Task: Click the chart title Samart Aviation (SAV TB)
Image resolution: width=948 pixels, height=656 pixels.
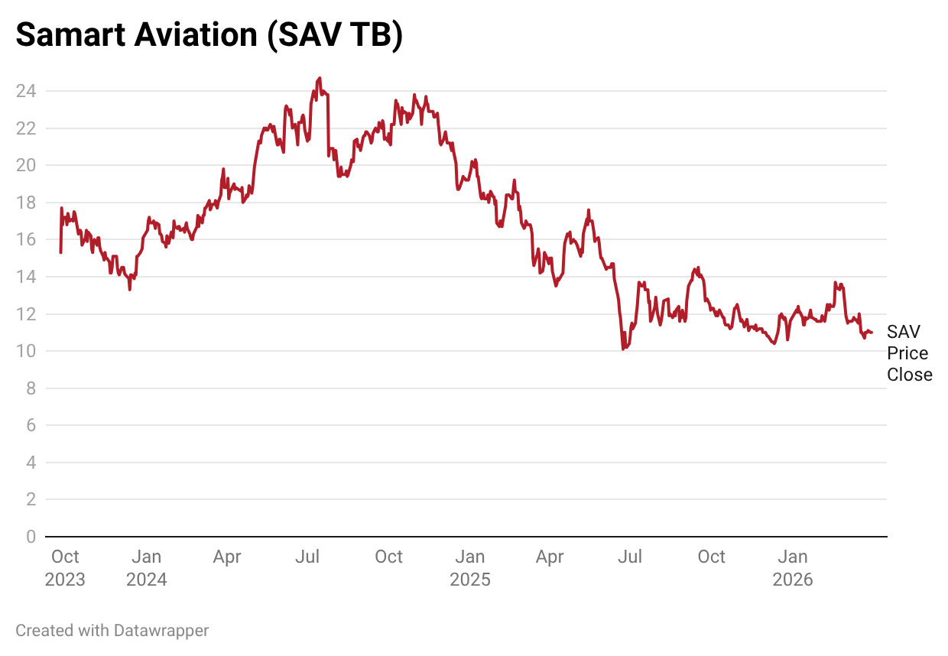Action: pos(209,36)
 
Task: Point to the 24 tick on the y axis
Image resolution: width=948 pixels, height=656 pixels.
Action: pos(26,91)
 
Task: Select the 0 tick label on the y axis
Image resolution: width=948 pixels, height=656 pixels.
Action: pos(31,537)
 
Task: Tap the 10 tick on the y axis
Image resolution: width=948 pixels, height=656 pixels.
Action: pos(26,351)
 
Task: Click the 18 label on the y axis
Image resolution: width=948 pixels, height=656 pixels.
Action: pos(26,203)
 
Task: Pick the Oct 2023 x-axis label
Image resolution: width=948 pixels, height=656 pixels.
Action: pos(65,568)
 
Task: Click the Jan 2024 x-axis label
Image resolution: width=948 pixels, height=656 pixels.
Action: pos(146,568)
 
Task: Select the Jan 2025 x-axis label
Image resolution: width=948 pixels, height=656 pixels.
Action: pos(469,568)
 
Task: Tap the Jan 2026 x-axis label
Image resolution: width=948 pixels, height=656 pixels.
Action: pos(793,568)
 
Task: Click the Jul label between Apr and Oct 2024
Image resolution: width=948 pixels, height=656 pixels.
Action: pos(307,557)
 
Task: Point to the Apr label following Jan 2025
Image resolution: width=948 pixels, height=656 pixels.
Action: pos(550,557)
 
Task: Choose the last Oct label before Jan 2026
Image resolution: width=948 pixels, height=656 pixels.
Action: pos(711,557)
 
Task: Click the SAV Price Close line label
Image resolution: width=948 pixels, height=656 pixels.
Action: pos(909,353)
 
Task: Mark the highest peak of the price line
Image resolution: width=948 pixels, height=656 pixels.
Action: pos(319,78)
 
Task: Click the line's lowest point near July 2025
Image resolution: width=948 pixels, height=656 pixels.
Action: pos(624,349)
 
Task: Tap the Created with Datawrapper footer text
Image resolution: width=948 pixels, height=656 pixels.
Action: pos(112,631)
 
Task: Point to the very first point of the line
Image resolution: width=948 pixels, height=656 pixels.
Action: pos(60,252)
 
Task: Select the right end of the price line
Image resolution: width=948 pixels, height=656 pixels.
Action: pos(872,332)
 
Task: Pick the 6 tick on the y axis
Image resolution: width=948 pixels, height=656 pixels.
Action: pos(31,425)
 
